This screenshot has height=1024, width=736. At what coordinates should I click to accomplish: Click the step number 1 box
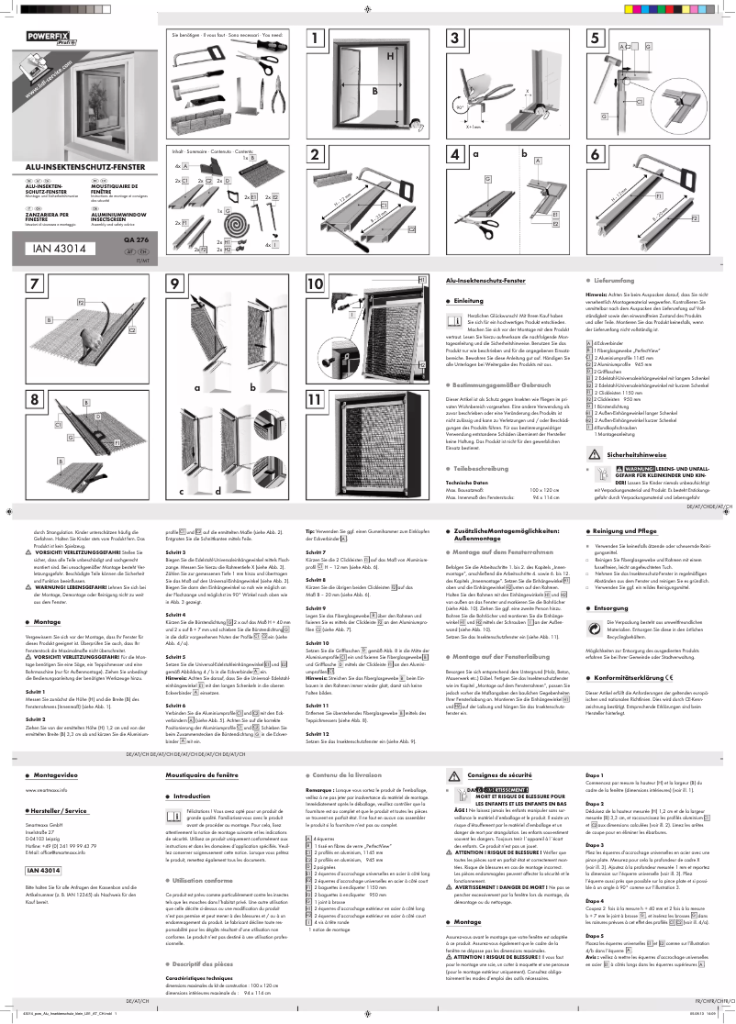pyautogui.click(x=318, y=39)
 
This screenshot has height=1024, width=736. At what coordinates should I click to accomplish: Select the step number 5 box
pyautogui.click(x=595, y=39)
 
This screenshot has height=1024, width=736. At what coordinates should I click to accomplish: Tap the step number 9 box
pyautogui.click(x=176, y=284)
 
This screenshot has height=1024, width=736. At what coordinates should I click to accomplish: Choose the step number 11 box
pyautogui.click(x=315, y=400)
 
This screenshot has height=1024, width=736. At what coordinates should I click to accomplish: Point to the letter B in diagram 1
pyautogui.click(x=374, y=92)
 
